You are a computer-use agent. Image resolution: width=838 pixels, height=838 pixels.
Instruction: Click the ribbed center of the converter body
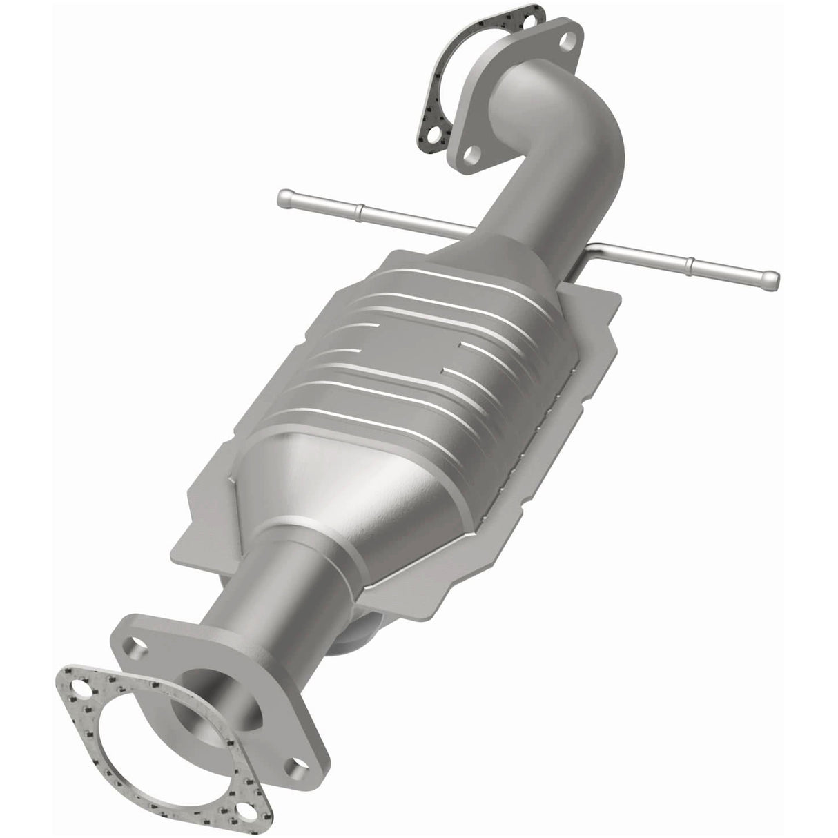(x=414, y=387)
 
